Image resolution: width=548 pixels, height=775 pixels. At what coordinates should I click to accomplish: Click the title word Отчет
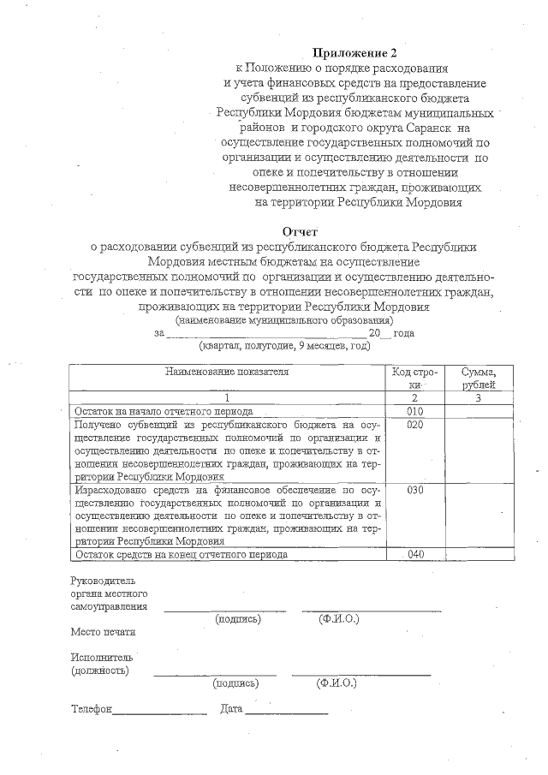[300, 231]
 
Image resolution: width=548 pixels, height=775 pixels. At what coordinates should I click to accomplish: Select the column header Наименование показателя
[227, 372]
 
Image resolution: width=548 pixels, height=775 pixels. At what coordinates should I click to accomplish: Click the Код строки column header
[415, 378]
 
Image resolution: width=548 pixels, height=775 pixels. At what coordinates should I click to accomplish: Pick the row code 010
[416, 411]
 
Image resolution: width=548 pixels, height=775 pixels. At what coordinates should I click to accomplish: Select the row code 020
[416, 425]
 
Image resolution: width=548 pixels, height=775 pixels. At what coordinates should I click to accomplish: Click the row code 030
[416, 490]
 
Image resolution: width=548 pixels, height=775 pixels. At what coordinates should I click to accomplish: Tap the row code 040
[416, 554]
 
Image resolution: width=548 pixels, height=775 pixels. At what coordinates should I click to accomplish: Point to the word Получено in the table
[98, 425]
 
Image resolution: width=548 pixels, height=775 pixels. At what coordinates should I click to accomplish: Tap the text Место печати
[103, 632]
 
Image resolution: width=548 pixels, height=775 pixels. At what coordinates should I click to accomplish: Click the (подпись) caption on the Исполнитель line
[235, 683]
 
